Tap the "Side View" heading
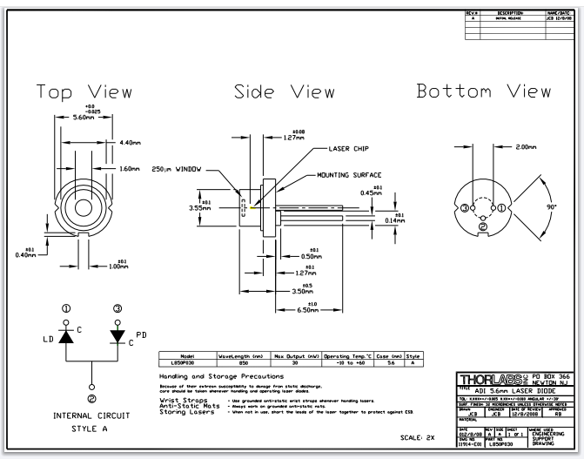click(x=291, y=92)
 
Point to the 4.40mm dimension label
click(x=129, y=141)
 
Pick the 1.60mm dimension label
click(x=129, y=168)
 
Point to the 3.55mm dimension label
click(x=201, y=208)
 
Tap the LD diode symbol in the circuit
click(x=64, y=335)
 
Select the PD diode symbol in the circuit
click(x=118, y=335)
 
